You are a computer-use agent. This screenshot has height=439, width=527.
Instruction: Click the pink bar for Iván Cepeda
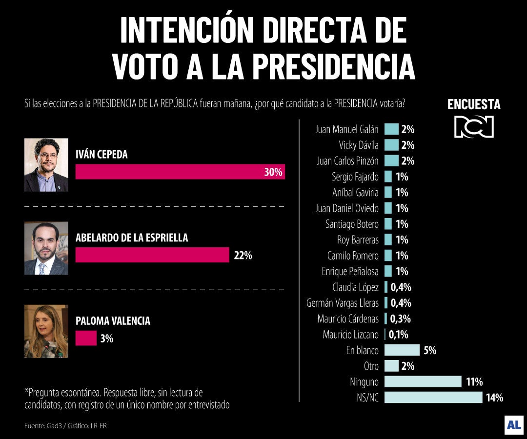(x=180, y=172)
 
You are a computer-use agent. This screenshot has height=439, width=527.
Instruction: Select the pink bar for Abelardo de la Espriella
(x=152, y=255)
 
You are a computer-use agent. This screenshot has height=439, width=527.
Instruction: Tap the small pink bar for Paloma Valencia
(x=86, y=338)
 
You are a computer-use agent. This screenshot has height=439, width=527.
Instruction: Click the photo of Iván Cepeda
(x=46, y=165)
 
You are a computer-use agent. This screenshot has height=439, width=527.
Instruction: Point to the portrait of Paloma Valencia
(x=46, y=331)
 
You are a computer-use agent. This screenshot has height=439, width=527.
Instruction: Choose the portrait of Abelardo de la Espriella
(x=46, y=248)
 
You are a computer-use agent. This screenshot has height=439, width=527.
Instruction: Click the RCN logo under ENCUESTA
(x=474, y=126)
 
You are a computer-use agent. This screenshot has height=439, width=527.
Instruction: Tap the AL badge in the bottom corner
(x=514, y=425)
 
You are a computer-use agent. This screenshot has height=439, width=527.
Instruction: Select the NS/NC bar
(x=433, y=397)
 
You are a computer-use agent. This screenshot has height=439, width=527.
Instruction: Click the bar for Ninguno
(x=423, y=381)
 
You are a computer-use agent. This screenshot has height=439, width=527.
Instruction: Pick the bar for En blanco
(x=402, y=350)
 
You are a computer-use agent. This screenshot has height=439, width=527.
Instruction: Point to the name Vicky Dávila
(x=359, y=145)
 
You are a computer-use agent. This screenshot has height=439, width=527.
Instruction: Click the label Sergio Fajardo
(x=355, y=177)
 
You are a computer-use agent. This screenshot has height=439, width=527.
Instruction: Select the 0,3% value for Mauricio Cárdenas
(x=400, y=319)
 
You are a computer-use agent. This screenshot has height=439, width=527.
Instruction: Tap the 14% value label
(x=494, y=398)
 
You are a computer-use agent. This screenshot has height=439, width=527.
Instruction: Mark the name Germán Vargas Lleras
(x=342, y=303)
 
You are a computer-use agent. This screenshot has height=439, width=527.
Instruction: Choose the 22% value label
(x=243, y=255)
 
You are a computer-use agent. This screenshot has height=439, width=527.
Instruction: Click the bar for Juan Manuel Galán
(x=391, y=129)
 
